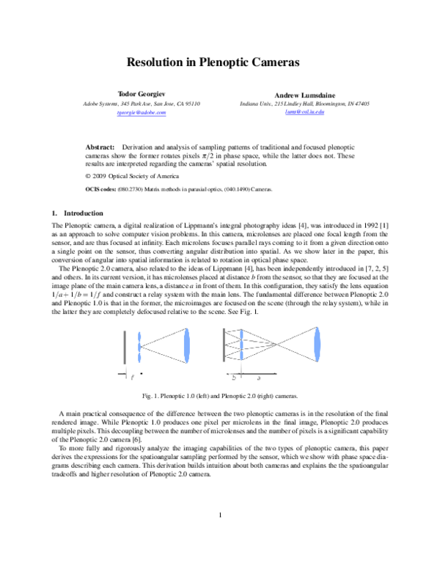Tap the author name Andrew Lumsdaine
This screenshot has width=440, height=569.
point(304,95)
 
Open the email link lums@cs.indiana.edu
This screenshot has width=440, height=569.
point(304,112)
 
